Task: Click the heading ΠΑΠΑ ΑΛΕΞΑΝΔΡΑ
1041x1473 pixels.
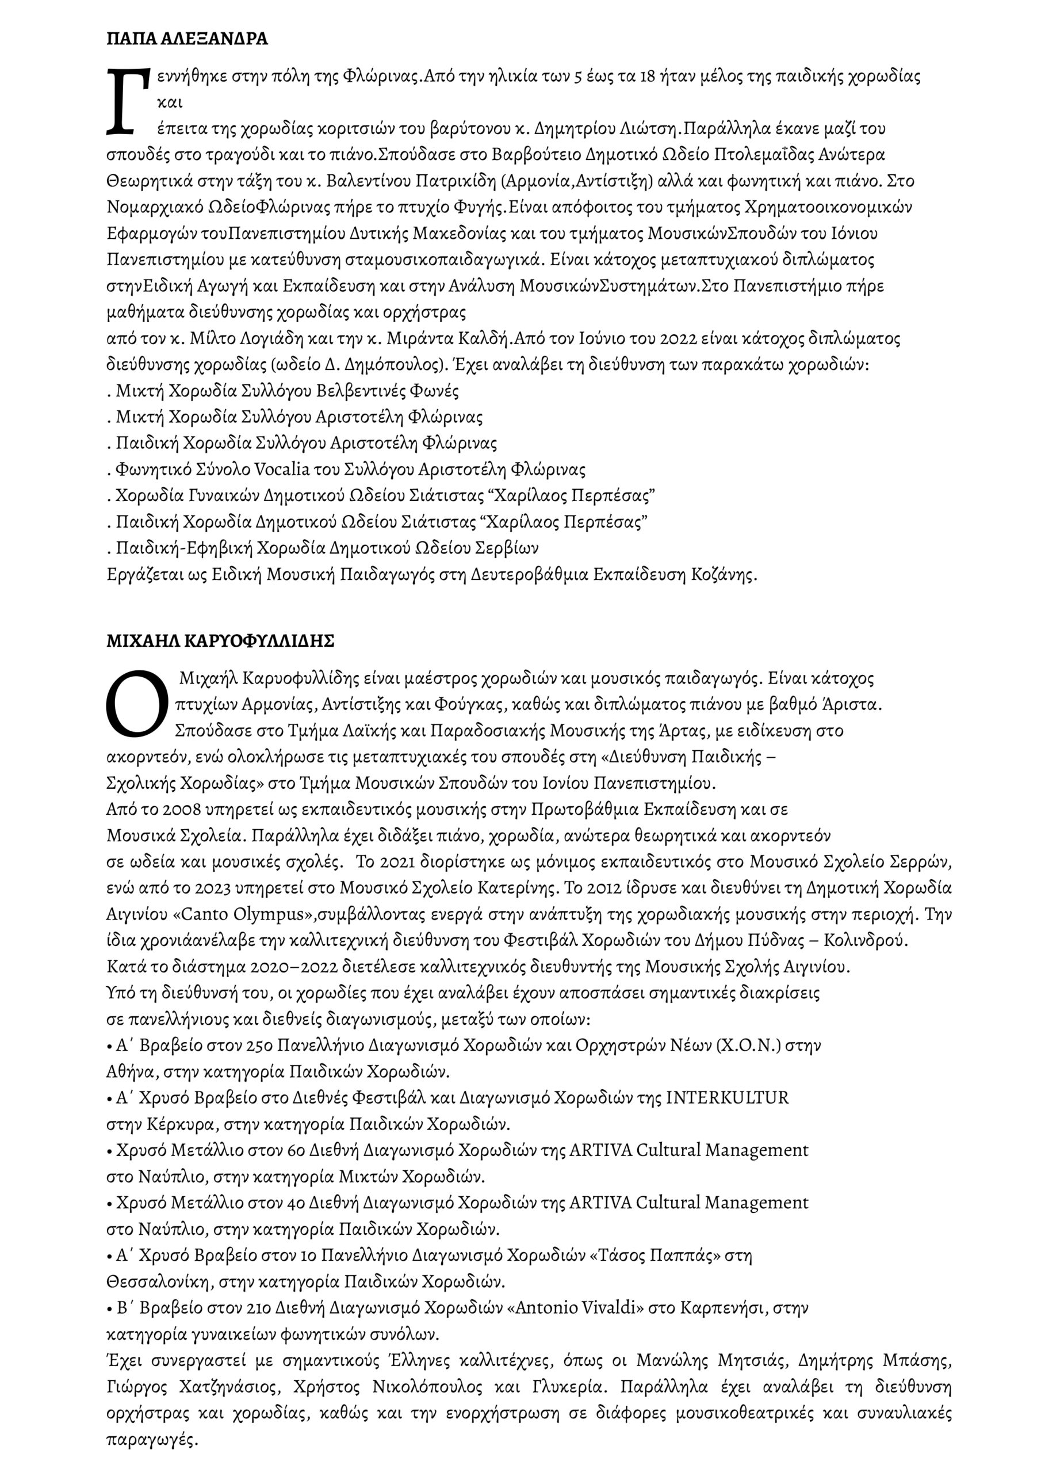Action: point(187,39)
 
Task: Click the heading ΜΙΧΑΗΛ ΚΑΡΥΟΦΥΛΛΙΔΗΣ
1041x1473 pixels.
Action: point(221,642)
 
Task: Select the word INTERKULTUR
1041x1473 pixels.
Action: point(728,1098)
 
